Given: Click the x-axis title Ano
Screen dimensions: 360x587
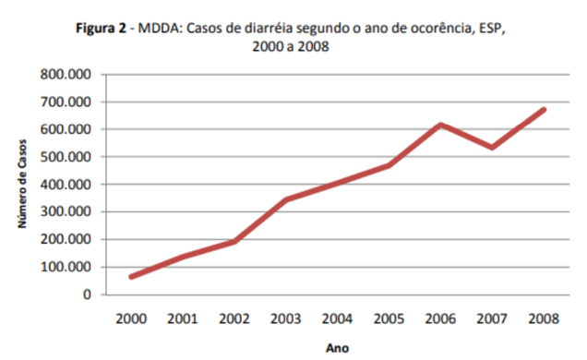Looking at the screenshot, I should [x=337, y=348].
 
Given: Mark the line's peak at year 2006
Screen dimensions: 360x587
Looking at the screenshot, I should [x=441, y=125].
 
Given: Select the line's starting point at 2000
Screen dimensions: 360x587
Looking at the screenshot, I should [x=132, y=276].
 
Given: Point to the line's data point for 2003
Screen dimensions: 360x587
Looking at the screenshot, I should [x=287, y=199].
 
